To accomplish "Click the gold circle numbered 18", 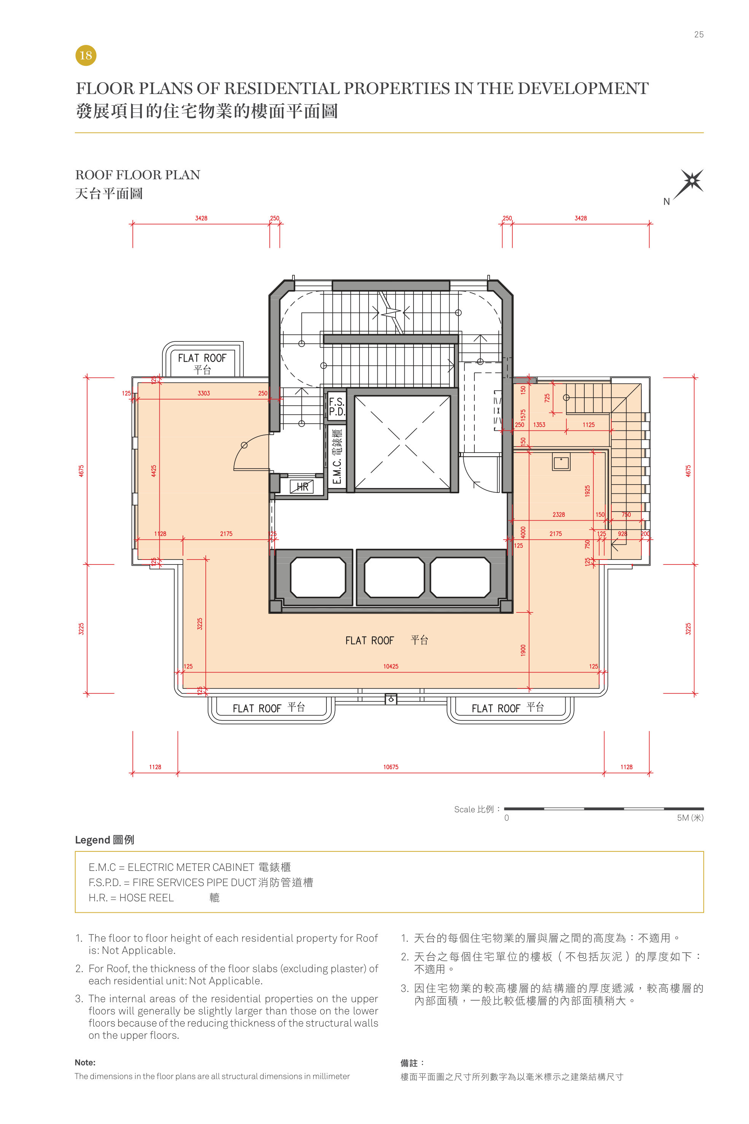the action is coord(86,56).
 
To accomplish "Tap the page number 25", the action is coord(698,34).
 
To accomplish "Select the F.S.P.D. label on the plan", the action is coord(336,406).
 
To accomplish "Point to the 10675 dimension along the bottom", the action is coord(391,767).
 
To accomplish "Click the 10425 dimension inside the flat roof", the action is coord(391,666).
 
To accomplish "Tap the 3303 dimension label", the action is coord(204,393).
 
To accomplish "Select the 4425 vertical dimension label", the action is coord(154,471).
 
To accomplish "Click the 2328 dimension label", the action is coord(558,515).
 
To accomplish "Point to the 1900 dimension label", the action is coord(523,650).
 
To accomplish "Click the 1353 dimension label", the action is coord(539,424).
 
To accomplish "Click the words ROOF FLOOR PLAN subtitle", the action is coord(138,175).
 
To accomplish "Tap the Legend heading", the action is coord(104,840).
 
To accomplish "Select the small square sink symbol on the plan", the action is coord(561,462).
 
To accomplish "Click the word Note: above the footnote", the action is coord(85,1062).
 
